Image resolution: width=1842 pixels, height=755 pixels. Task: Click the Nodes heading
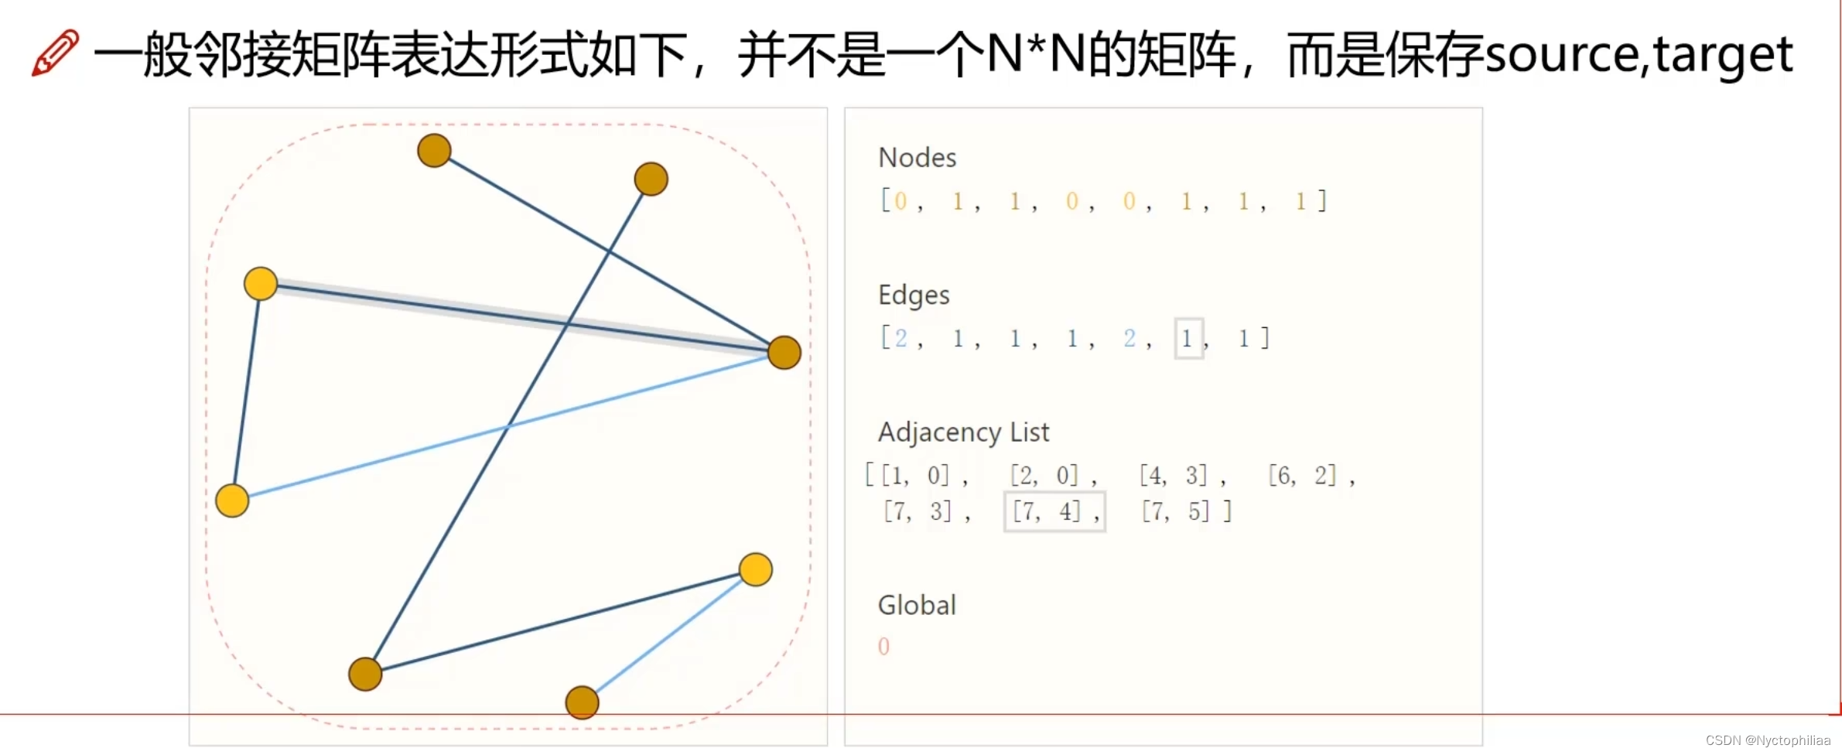click(x=917, y=158)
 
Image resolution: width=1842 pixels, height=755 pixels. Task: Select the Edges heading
click(x=913, y=295)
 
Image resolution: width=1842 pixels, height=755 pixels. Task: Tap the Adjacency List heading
click(x=963, y=432)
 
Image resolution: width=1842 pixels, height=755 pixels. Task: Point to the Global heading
click(x=917, y=605)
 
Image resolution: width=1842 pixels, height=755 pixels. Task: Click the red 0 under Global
click(x=883, y=646)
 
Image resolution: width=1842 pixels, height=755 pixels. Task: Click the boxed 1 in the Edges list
click(x=1188, y=338)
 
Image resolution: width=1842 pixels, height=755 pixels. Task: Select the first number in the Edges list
click(x=900, y=338)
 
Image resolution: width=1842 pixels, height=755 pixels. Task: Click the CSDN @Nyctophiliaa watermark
click(x=1768, y=740)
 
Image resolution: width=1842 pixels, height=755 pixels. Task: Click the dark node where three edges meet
click(x=784, y=353)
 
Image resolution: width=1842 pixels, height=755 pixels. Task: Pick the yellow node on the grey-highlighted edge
click(x=261, y=284)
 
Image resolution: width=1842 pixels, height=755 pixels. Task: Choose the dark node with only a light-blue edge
click(x=582, y=702)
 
